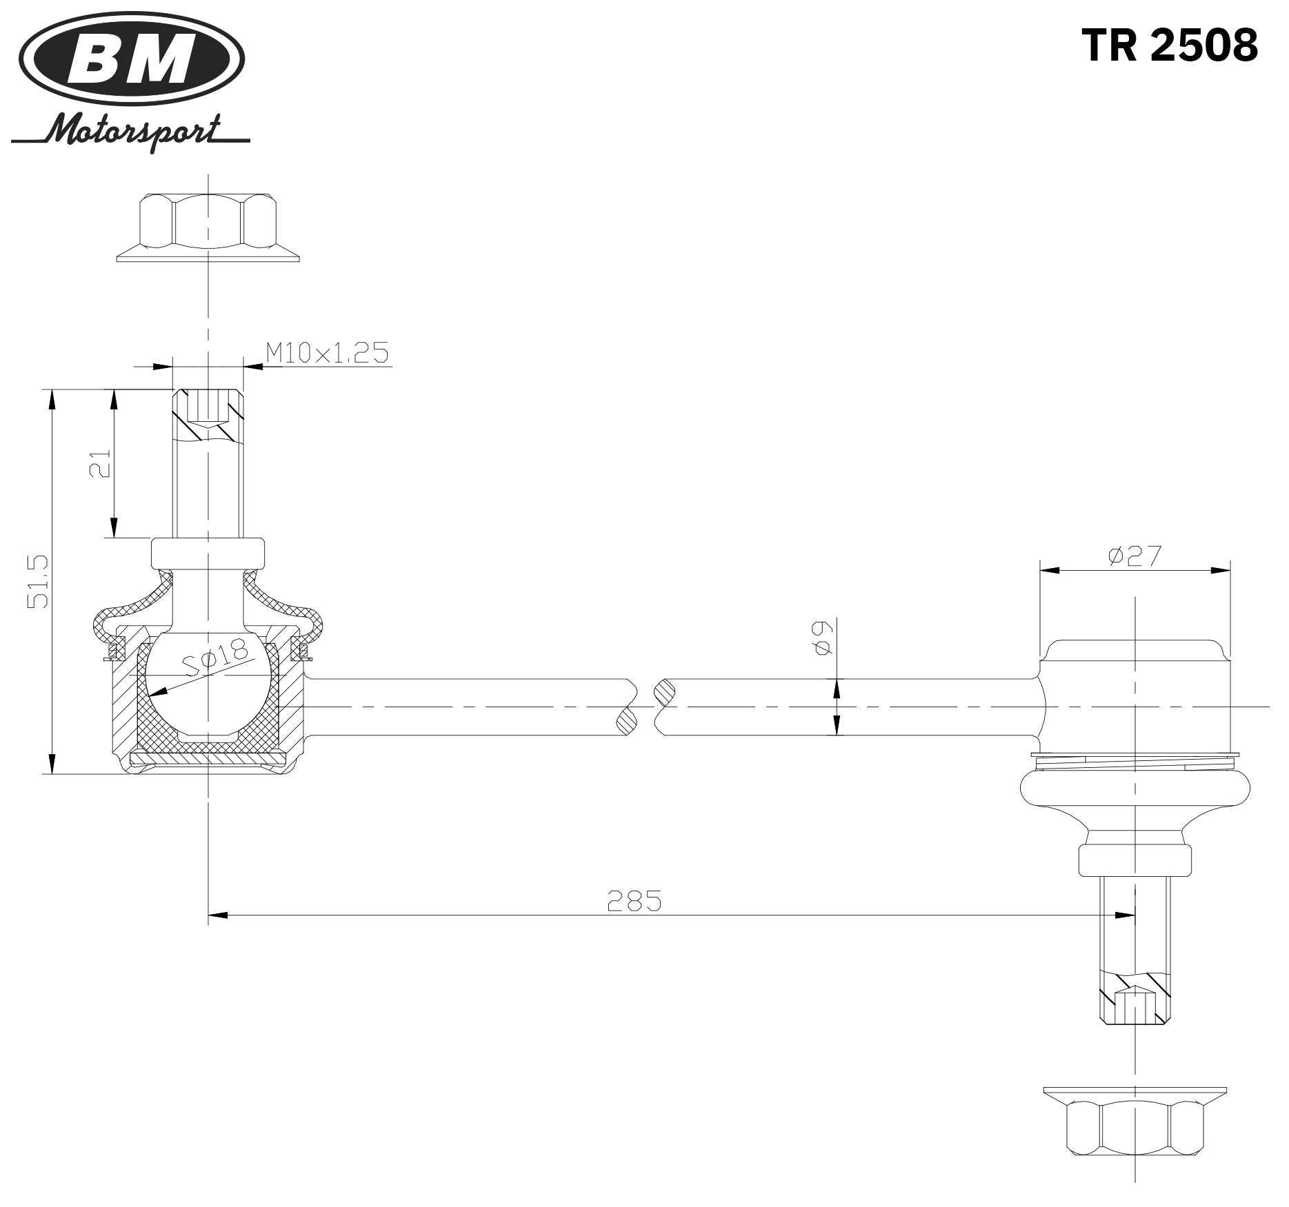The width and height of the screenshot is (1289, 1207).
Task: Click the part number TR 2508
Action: pos(1170,45)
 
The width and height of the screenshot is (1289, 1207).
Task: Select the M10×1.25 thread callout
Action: pos(327,353)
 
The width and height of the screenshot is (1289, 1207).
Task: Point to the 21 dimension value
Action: pos(101,464)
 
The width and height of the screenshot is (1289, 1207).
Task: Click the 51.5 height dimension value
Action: pos(38,580)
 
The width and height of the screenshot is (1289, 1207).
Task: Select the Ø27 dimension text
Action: pos(1135,556)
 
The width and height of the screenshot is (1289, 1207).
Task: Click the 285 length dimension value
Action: pos(634,900)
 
